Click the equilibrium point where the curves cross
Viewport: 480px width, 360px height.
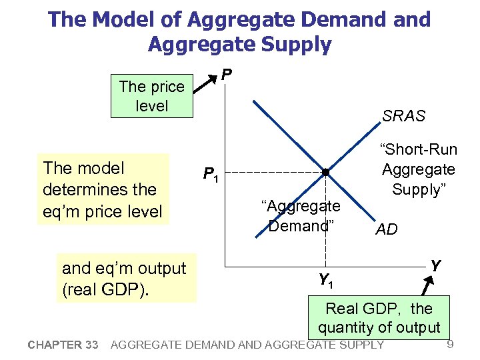325,173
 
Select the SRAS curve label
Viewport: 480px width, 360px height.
403,116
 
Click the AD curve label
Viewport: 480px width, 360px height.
387,230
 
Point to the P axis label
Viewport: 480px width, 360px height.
227,73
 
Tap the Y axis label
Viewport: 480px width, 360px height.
435,266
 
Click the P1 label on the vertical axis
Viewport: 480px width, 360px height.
211,175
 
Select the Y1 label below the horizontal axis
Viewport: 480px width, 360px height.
325,281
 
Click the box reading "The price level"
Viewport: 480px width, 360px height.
151,97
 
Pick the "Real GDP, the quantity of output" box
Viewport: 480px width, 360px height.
379,318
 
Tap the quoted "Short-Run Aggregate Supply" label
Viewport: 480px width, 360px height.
418,170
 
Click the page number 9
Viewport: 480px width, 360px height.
450,344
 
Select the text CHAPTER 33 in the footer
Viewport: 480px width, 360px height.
63,345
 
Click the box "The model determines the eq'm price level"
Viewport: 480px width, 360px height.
103,189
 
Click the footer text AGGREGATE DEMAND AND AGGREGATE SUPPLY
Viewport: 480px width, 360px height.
247,345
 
